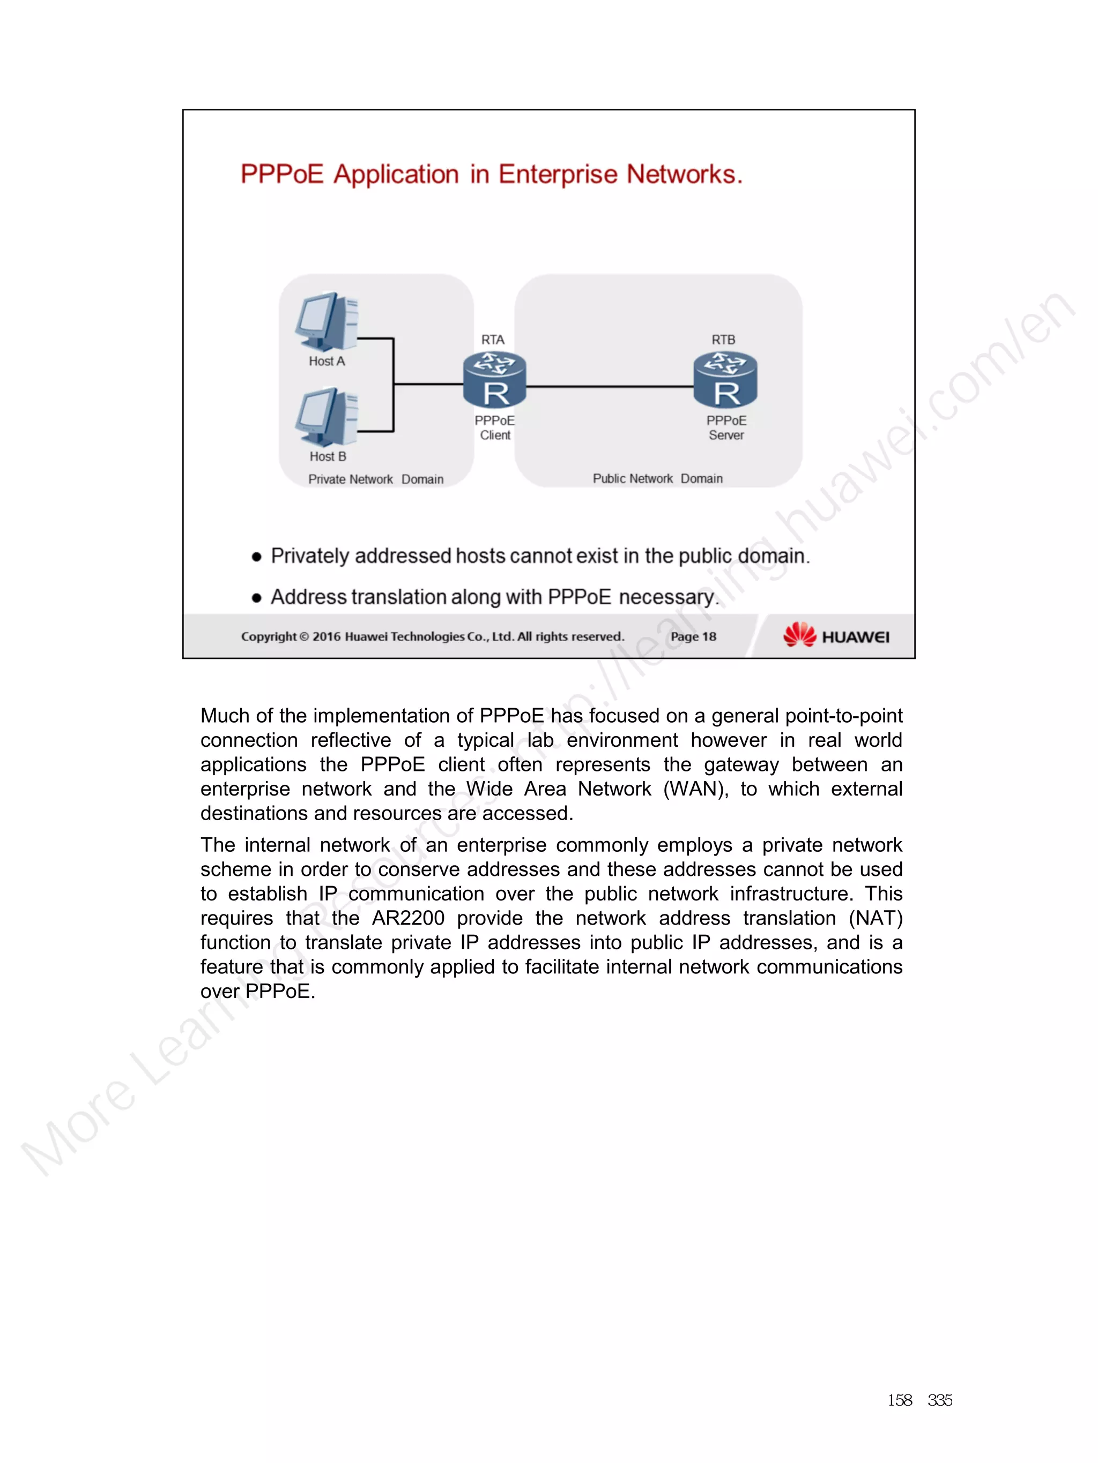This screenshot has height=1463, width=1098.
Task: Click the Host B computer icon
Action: click(x=327, y=417)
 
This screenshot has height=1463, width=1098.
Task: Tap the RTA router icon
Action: click(x=494, y=380)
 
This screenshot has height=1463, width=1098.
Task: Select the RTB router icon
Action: click(x=725, y=380)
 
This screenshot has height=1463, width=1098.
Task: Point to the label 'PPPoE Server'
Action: click(x=726, y=428)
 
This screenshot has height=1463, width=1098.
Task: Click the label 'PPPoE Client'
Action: click(x=494, y=428)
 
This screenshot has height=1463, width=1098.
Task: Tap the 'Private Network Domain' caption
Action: click(x=375, y=479)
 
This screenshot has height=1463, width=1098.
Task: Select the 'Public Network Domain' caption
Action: click(x=657, y=479)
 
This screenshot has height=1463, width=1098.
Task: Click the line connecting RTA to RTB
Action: click(x=609, y=387)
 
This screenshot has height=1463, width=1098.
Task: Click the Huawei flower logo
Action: click(x=799, y=635)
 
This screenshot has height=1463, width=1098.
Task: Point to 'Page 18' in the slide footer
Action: click(x=693, y=636)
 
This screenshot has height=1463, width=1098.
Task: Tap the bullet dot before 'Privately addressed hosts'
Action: click(x=257, y=558)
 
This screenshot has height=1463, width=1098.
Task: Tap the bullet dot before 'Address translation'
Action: click(x=257, y=598)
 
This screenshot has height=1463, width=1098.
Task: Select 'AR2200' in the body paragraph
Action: click(x=407, y=918)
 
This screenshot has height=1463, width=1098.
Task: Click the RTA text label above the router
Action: click(x=492, y=339)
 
